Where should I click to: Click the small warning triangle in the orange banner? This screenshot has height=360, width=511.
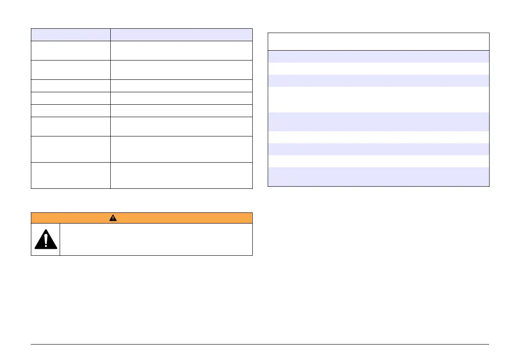coord(112,218)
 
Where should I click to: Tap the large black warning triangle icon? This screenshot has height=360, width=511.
coord(45,239)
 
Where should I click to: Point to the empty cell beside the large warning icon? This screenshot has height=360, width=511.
coord(156,239)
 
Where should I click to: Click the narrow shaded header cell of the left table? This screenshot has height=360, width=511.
coord(71,35)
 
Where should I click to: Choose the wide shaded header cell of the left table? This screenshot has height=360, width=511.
coord(181,35)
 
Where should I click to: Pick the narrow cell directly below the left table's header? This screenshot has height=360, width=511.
coord(71,50)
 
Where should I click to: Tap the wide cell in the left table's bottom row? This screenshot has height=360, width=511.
coord(181,175)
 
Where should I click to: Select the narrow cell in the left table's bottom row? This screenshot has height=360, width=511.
coord(71,175)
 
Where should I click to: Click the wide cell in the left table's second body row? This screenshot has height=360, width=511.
coord(181,70)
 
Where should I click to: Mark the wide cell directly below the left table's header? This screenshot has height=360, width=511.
coord(181,50)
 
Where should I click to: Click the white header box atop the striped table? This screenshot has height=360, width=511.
coord(378,42)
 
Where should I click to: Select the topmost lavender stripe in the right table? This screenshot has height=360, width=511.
coord(378,57)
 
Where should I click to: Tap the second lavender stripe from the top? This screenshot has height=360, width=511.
coord(378,81)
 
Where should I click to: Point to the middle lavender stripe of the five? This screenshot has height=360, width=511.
coord(378,121)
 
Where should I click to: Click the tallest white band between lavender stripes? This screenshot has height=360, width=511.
coord(378,100)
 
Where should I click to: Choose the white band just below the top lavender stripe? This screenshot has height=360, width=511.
coord(378,69)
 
